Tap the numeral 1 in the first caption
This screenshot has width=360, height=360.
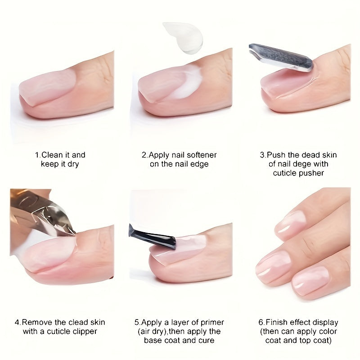[x=37, y=155]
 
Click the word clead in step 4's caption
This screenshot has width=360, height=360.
[x=72, y=322]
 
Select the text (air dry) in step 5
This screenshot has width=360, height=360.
[x=152, y=332]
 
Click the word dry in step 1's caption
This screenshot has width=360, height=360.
[x=72, y=164]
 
